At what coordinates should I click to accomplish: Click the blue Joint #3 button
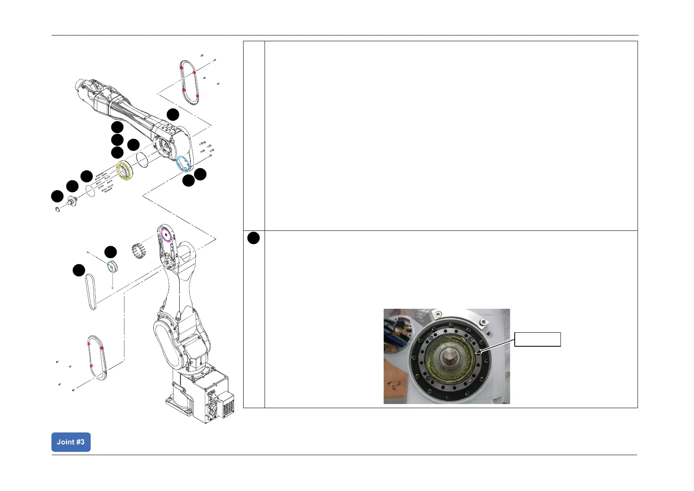pyautogui.click(x=71, y=442)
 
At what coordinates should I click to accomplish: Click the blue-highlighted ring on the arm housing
pyautogui.click(x=183, y=163)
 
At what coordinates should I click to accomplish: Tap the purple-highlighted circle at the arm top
pyautogui.click(x=165, y=234)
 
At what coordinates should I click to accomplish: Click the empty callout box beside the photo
pyautogui.click(x=537, y=339)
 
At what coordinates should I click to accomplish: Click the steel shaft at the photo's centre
pyautogui.click(x=447, y=355)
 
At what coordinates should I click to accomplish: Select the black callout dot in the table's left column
pyautogui.click(x=253, y=238)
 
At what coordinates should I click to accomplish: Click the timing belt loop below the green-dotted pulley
pyautogui.click(x=91, y=292)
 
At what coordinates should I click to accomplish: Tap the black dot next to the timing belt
pyautogui.click(x=79, y=270)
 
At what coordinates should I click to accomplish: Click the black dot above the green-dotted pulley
pyautogui.click(x=110, y=252)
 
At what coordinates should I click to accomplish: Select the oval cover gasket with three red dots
pyautogui.click(x=97, y=357)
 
